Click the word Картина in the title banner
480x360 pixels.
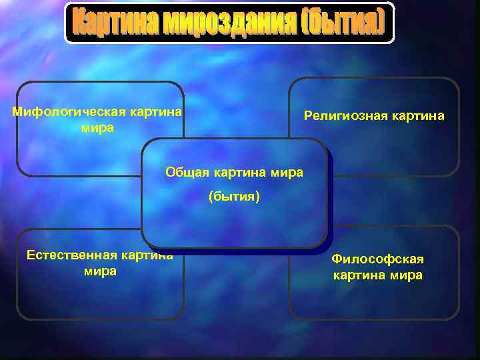click(x=107, y=23)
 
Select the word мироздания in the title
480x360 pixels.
click(x=221, y=23)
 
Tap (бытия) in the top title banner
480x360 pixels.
click(x=343, y=23)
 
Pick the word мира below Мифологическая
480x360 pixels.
click(x=97, y=127)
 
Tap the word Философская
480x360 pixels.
click(x=377, y=259)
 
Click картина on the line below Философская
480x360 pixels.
click(x=360, y=275)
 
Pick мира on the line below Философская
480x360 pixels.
click(x=407, y=275)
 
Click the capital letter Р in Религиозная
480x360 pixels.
click(x=308, y=115)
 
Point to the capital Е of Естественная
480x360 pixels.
click(x=29, y=255)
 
